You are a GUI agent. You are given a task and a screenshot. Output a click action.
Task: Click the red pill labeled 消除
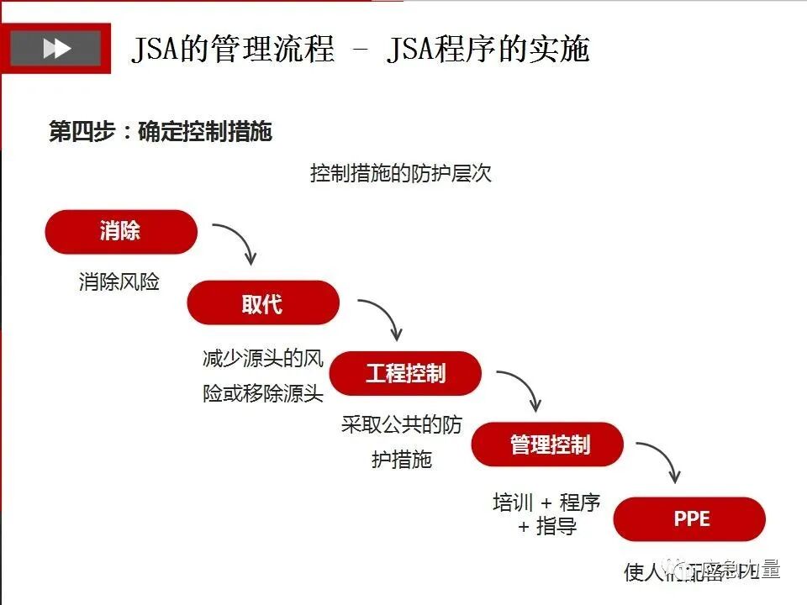[121, 232]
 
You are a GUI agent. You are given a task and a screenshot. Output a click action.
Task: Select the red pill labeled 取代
[263, 303]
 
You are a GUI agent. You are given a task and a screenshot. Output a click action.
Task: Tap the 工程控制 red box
[405, 374]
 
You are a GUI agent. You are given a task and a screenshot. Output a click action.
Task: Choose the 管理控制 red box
[548, 445]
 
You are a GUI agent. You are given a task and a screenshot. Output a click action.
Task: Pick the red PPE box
[690, 519]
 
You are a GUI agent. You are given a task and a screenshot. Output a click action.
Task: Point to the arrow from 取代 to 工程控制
[382, 316]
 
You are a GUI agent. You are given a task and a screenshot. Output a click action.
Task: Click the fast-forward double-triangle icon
[56, 49]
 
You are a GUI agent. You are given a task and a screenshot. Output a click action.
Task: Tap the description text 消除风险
[119, 282]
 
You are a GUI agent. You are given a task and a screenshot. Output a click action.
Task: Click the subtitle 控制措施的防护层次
[400, 174]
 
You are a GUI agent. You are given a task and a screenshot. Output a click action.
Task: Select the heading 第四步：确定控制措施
[161, 132]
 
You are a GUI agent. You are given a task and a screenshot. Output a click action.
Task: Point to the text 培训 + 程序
[546, 502]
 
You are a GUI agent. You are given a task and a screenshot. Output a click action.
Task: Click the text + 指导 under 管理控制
[547, 528]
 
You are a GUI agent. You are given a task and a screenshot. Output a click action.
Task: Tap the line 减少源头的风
[263, 359]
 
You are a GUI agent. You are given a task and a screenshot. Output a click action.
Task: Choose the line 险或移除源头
[263, 393]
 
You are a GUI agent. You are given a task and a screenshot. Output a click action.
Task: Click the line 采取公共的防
[402, 424]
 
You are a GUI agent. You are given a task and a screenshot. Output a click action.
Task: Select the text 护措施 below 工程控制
[402, 460]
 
